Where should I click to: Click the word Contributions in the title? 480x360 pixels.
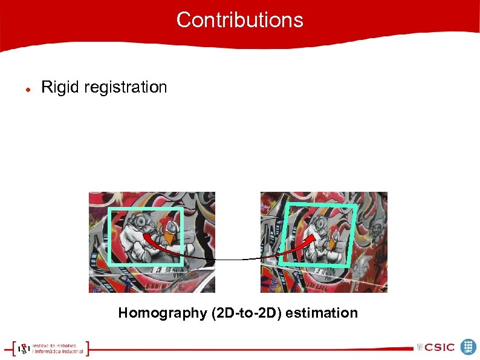pyautogui.click(x=239, y=20)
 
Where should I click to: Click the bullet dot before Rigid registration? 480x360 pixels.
pyautogui.click(x=28, y=88)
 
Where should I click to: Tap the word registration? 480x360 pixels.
pyautogui.click(x=126, y=88)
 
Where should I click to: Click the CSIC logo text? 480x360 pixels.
pyautogui.click(x=439, y=347)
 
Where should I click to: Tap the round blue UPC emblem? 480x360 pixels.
pyautogui.click(x=469, y=347)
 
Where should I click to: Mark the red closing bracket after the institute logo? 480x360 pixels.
pyautogui.click(x=88, y=348)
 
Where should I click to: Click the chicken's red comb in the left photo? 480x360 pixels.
pyautogui.click(x=163, y=225)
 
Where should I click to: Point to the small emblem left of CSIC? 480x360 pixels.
pyautogui.click(x=420, y=347)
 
